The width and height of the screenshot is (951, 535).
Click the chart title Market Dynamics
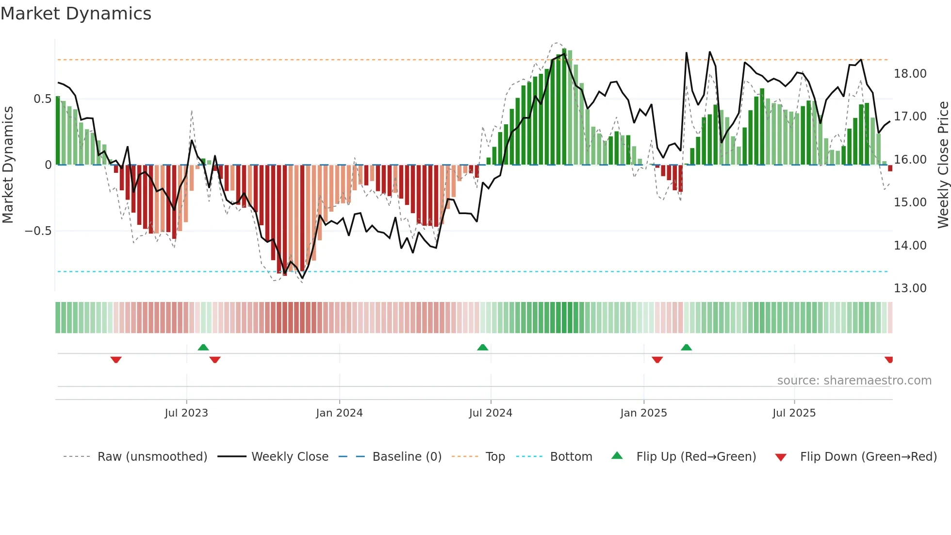(76, 14)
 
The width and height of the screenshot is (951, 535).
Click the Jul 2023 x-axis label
(186, 413)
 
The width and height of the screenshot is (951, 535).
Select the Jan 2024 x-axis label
(339, 413)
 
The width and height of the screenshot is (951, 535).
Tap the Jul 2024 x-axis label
(491, 413)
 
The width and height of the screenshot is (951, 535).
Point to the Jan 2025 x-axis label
(643, 413)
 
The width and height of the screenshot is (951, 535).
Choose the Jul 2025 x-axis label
(794, 413)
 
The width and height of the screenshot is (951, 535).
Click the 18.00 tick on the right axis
(910, 74)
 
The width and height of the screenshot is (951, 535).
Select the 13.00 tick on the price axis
(910, 288)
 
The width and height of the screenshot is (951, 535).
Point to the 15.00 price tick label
(910, 202)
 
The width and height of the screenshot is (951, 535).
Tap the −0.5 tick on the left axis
(38, 231)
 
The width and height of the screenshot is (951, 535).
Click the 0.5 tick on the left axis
(42, 99)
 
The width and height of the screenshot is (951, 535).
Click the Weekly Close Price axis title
(943, 165)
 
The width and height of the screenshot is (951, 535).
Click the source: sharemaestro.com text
(854, 381)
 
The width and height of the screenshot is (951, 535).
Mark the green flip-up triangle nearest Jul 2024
(482, 348)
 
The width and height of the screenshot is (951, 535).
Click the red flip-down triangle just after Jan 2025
(657, 360)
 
